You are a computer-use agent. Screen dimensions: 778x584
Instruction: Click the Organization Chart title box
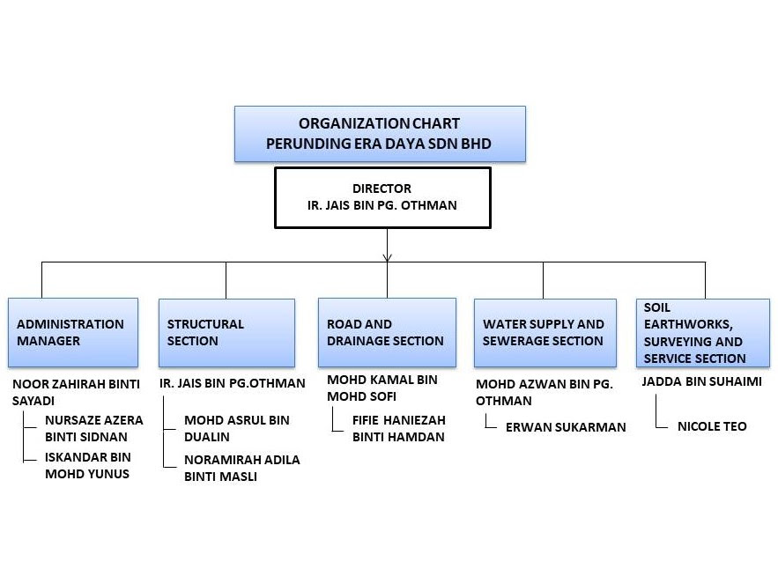[380, 134]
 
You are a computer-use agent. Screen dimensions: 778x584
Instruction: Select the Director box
[382, 197]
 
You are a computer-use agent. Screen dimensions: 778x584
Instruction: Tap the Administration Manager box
[73, 332]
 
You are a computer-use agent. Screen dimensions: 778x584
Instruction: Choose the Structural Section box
[226, 332]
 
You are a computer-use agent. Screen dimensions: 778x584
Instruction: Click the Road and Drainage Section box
[387, 332]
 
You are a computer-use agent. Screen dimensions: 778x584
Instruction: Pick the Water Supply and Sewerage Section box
[545, 333]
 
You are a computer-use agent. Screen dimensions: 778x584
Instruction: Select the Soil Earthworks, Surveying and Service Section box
[703, 333]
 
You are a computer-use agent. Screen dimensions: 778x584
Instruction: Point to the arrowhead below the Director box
[388, 257]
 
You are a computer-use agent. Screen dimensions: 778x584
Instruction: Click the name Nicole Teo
[712, 426]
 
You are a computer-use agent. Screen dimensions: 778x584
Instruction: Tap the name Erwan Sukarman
[566, 427]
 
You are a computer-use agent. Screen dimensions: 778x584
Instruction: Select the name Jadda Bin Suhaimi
[701, 381]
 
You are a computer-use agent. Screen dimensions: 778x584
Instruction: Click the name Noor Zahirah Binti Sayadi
[76, 392]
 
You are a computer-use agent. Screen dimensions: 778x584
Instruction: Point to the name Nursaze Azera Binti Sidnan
[93, 428]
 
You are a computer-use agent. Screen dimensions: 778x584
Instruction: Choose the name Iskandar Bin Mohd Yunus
[88, 465]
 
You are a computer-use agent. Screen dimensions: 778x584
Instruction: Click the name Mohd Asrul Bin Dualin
[237, 428]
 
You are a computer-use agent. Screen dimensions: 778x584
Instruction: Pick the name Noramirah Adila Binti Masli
[242, 468]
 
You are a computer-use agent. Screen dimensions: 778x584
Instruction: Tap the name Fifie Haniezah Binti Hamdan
[399, 428]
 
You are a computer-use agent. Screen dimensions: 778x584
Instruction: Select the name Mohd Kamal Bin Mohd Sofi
[382, 388]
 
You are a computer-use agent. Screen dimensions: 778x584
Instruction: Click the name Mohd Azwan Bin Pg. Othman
[545, 392]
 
